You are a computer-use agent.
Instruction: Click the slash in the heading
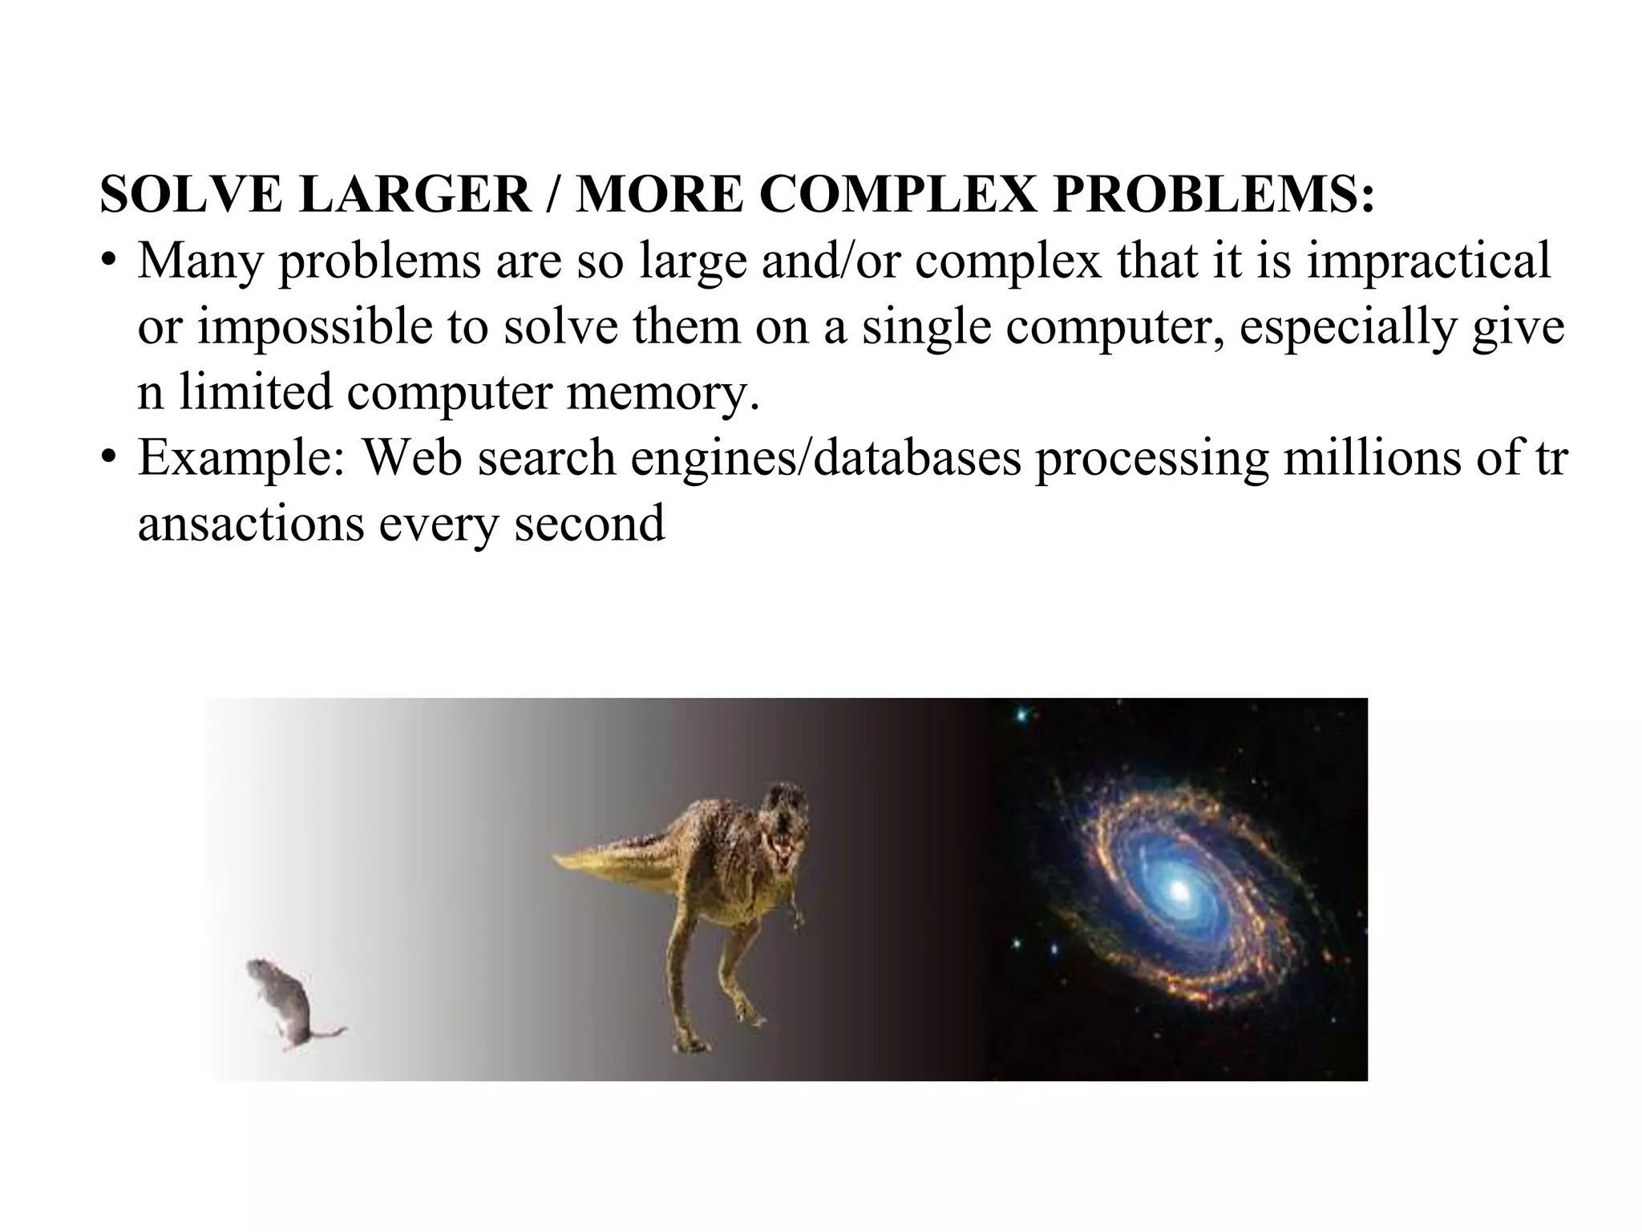553,195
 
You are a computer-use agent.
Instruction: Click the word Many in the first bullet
200,262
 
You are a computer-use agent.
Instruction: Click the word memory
662,394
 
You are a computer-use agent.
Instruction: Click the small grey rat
281,1003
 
